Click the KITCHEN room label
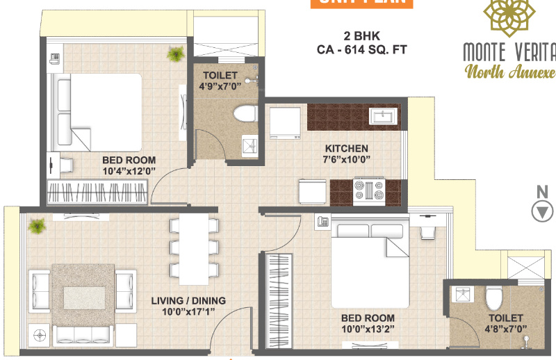tap(346, 148)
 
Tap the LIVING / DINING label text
tap(188, 301)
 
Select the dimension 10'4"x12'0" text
tap(129, 170)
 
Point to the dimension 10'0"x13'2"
tap(368, 329)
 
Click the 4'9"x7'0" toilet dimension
tap(220, 87)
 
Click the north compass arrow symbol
tap(541, 211)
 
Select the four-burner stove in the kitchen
tap(369, 190)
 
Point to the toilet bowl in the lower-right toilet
tap(493, 298)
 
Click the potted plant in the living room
tap(37, 225)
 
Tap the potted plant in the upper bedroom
tap(176, 54)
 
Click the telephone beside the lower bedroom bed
tap(322, 222)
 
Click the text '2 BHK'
tap(359, 35)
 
